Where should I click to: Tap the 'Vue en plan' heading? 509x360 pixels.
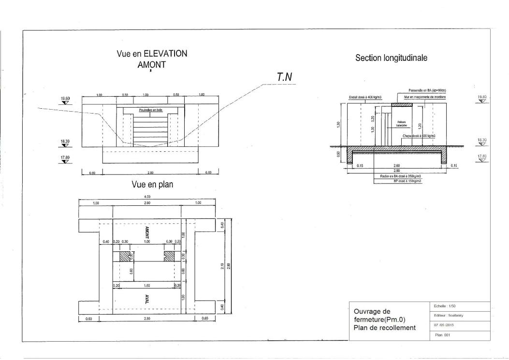click(x=152, y=184)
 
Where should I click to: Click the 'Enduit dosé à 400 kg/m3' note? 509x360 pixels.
click(x=365, y=97)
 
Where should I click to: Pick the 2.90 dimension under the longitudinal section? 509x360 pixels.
click(x=396, y=171)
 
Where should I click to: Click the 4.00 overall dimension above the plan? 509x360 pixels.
click(x=147, y=197)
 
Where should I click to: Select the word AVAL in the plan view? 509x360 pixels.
click(x=147, y=299)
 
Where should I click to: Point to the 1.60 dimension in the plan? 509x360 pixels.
click(x=147, y=286)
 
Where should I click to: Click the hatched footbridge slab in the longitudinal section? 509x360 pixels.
click(x=401, y=104)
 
